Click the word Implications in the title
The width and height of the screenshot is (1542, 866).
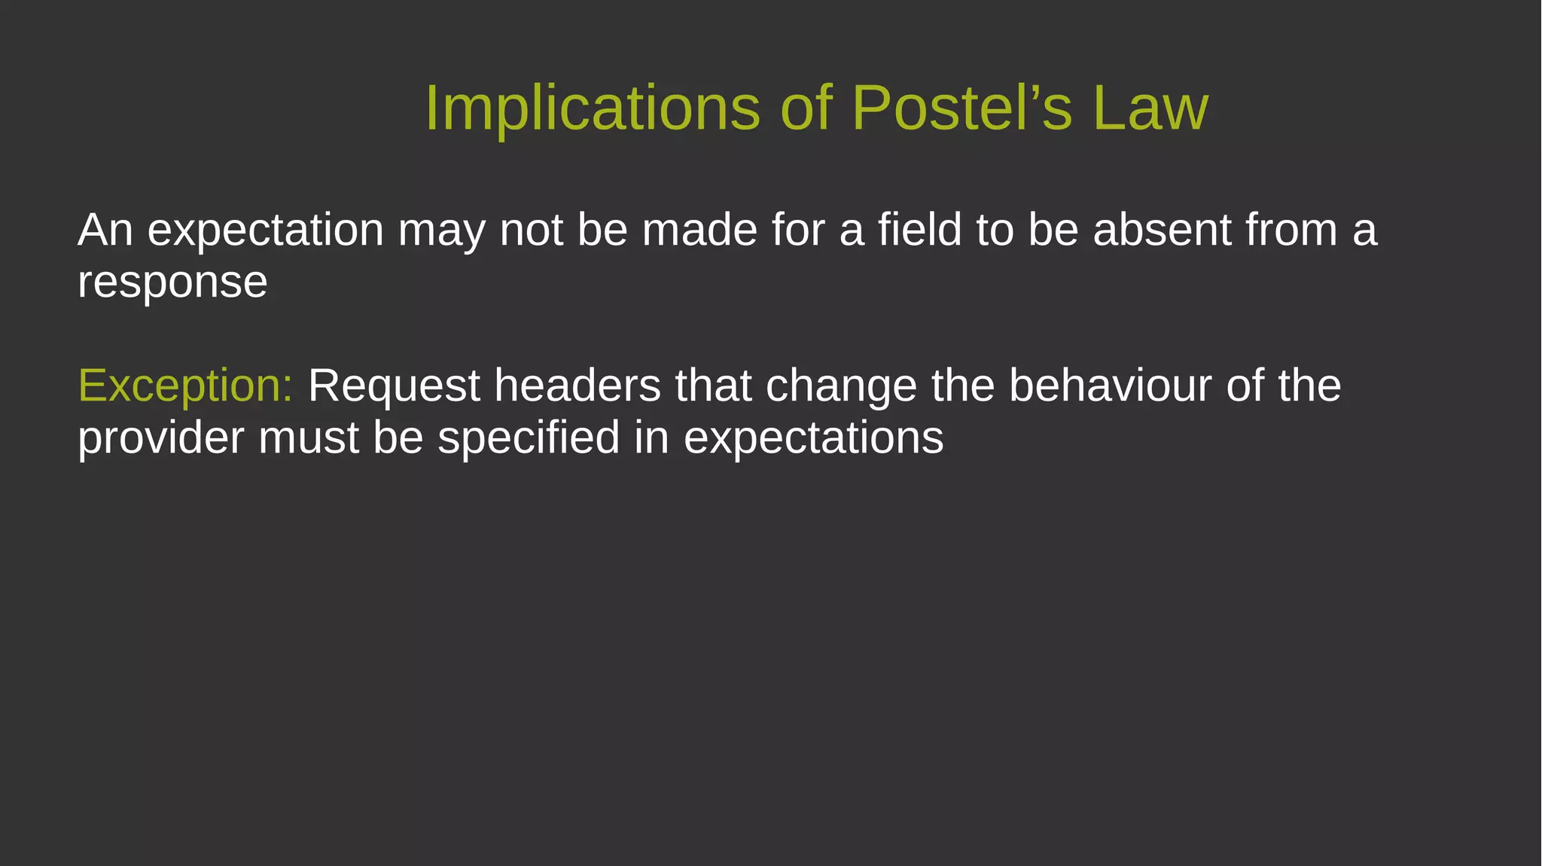coord(593,108)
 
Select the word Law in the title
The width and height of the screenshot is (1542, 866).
coord(1150,108)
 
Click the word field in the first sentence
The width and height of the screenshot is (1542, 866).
coord(919,230)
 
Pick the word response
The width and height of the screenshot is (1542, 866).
coord(172,283)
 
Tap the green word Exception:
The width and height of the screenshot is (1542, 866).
coord(185,386)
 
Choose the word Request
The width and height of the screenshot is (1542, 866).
coord(394,386)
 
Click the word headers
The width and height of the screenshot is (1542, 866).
coord(577,386)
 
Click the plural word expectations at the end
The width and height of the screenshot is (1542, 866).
coord(813,438)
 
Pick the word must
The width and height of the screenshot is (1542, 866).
coord(308,438)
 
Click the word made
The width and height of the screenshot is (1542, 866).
coord(699,230)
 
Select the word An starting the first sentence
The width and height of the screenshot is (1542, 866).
coord(105,230)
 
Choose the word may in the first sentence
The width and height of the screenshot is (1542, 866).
coord(441,230)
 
